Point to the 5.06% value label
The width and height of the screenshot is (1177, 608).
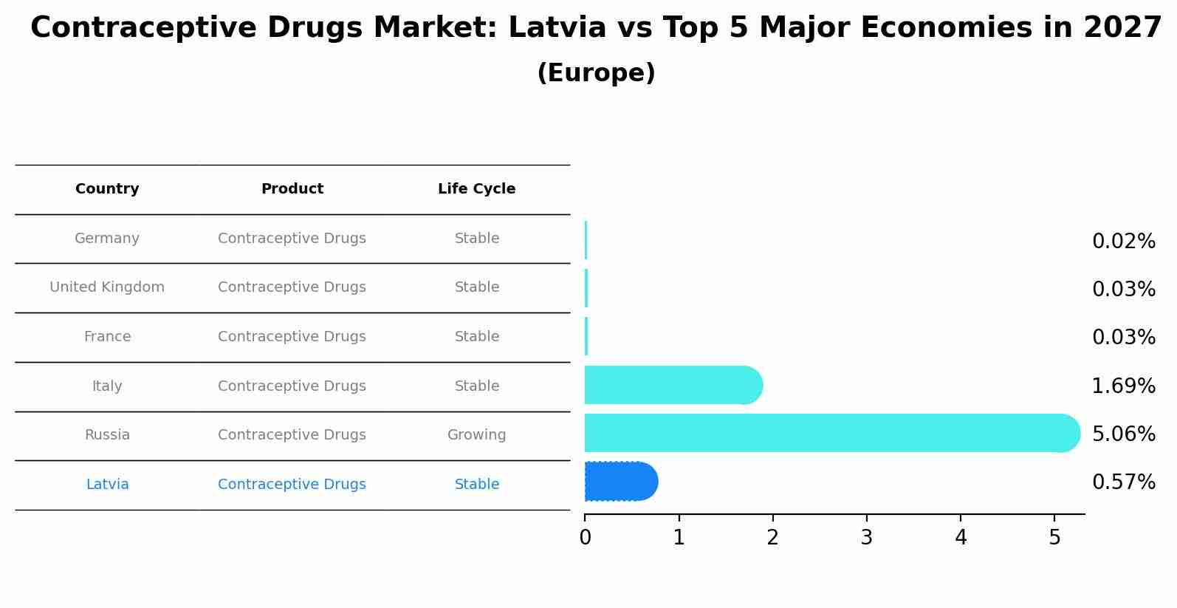coord(1123,434)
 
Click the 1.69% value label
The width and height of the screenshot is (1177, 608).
coord(1123,386)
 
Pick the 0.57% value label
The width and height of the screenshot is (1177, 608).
coord(1123,482)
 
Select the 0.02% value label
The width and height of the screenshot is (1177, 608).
coord(1123,242)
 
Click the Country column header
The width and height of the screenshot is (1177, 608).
coord(107,189)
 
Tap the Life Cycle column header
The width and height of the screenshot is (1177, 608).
coord(476,189)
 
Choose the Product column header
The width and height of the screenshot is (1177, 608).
coord(292,189)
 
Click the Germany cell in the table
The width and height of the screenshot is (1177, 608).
coord(107,239)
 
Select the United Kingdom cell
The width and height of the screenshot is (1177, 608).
coord(107,287)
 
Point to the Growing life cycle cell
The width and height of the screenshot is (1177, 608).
coord(476,435)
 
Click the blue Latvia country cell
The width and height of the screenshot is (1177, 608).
coord(107,485)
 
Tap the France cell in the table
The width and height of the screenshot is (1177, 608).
coord(107,337)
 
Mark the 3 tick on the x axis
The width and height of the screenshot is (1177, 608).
coord(867,538)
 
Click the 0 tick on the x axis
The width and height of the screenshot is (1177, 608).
coord(585,538)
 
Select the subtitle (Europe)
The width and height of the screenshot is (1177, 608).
coord(596,73)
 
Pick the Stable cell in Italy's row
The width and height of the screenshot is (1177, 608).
coord(476,386)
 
